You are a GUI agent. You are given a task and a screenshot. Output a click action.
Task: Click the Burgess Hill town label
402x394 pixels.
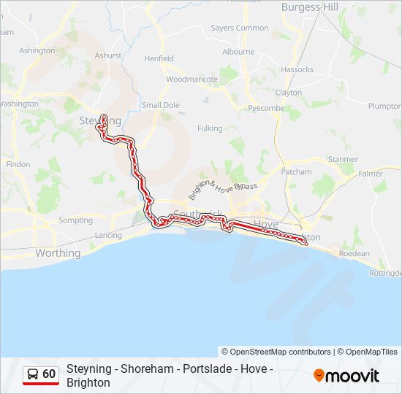tap(311, 7)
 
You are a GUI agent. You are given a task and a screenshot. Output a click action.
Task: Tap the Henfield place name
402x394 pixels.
tap(159, 58)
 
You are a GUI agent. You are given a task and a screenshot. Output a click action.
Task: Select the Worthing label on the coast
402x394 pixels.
tap(58, 253)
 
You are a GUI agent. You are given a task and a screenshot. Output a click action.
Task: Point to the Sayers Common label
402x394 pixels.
tap(240, 28)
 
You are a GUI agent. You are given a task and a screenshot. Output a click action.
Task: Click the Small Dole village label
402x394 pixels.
tap(161, 105)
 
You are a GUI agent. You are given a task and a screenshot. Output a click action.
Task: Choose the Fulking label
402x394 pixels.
tap(210, 128)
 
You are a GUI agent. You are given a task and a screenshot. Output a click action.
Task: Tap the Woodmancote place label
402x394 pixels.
tap(191, 79)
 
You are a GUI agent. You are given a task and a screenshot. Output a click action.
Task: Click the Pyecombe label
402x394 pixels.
tap(265, 108)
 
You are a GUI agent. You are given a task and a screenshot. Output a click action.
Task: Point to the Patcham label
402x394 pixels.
tap(296, 172)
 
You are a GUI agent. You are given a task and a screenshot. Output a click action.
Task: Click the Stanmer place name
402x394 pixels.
tap(343, 159)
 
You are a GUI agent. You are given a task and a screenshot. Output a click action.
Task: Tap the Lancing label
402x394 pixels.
tap(108, 235)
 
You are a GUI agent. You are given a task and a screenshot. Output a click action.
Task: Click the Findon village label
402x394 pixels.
tap(18, 164)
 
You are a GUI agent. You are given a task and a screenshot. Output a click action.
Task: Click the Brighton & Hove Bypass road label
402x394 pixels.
tap(223, 190)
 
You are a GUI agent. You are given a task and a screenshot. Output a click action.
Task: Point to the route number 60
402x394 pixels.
tap(49, 374)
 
